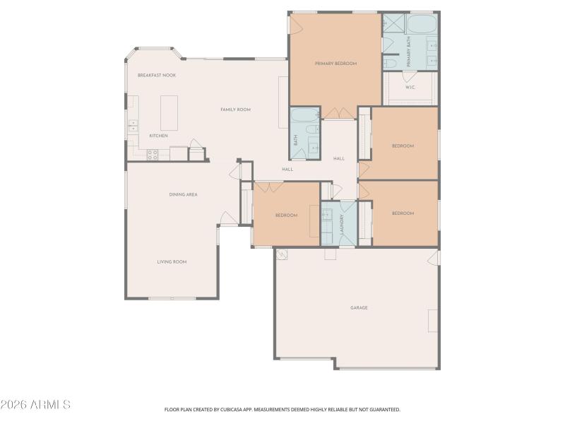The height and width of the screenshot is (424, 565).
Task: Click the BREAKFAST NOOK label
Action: (157, 75)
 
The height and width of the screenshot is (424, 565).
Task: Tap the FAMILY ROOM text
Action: (235, 110)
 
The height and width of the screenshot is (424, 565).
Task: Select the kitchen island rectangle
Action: (169, 112)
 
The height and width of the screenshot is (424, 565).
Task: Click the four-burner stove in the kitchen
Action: (152, 155)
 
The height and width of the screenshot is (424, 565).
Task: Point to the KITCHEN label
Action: (158, 136)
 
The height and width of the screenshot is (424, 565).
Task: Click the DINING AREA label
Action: (183, 194)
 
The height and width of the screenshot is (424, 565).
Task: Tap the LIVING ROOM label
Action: (172, 261)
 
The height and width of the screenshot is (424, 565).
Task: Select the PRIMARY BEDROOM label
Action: (335, 64)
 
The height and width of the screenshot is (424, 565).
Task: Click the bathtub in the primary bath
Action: (422, 25)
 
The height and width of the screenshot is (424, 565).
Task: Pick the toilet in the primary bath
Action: (391, 64)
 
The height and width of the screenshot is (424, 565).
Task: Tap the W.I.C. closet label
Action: (410, 87)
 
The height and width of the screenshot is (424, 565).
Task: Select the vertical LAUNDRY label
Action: (341, 225)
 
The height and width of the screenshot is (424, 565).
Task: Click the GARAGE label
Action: (359, 307)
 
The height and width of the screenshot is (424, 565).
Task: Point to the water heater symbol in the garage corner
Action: (282, 254)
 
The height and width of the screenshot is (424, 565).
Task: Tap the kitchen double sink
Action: (132, 126)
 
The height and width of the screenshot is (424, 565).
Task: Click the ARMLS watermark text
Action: (35, 405)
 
